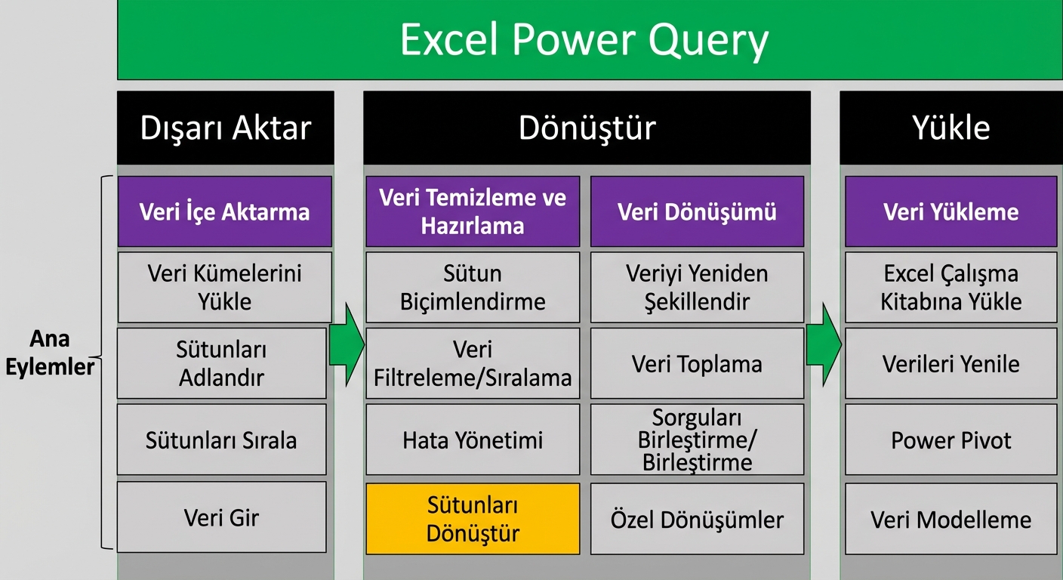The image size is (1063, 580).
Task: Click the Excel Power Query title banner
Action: tap(589, 39)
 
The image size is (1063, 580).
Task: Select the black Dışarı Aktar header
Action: tap(225, 128)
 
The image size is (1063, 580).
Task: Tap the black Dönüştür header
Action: tap(587, 128)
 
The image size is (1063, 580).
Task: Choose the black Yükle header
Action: tap(951, 128)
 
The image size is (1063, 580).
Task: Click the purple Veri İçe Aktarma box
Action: tap(224, 211)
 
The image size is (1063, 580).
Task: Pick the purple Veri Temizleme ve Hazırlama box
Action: tap(473, 211)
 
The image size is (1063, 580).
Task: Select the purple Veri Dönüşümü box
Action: tap(697, 211)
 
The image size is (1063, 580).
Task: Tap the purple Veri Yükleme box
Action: tap(951, 211)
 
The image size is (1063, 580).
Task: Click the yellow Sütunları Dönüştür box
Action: tap(473, 519)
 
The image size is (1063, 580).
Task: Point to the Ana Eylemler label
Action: tap(50, 353)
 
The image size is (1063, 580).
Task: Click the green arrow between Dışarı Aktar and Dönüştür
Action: tap(347, 345)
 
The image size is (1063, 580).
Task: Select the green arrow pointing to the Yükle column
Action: tap(824, 345)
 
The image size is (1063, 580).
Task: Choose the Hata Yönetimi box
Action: tap(473, 440)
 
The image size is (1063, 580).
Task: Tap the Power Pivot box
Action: tap(951, 440)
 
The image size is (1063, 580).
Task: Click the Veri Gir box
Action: tap(222, 518)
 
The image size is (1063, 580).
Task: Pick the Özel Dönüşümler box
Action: tap(697, 520)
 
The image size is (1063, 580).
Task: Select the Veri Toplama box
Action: tap(697, 364)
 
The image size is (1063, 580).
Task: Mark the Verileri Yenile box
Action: tap(951, 364)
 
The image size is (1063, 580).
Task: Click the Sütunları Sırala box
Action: tap(222, 440)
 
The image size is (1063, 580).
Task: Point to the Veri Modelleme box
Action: tap(951, 520)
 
